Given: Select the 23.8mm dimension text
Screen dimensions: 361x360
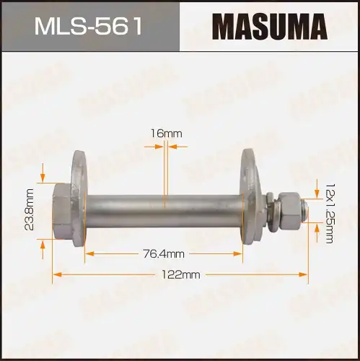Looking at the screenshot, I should pyautogui.click(x=30, y=209).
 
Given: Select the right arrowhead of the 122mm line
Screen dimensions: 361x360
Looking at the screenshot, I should pyautogui.click(x=303, y=274).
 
